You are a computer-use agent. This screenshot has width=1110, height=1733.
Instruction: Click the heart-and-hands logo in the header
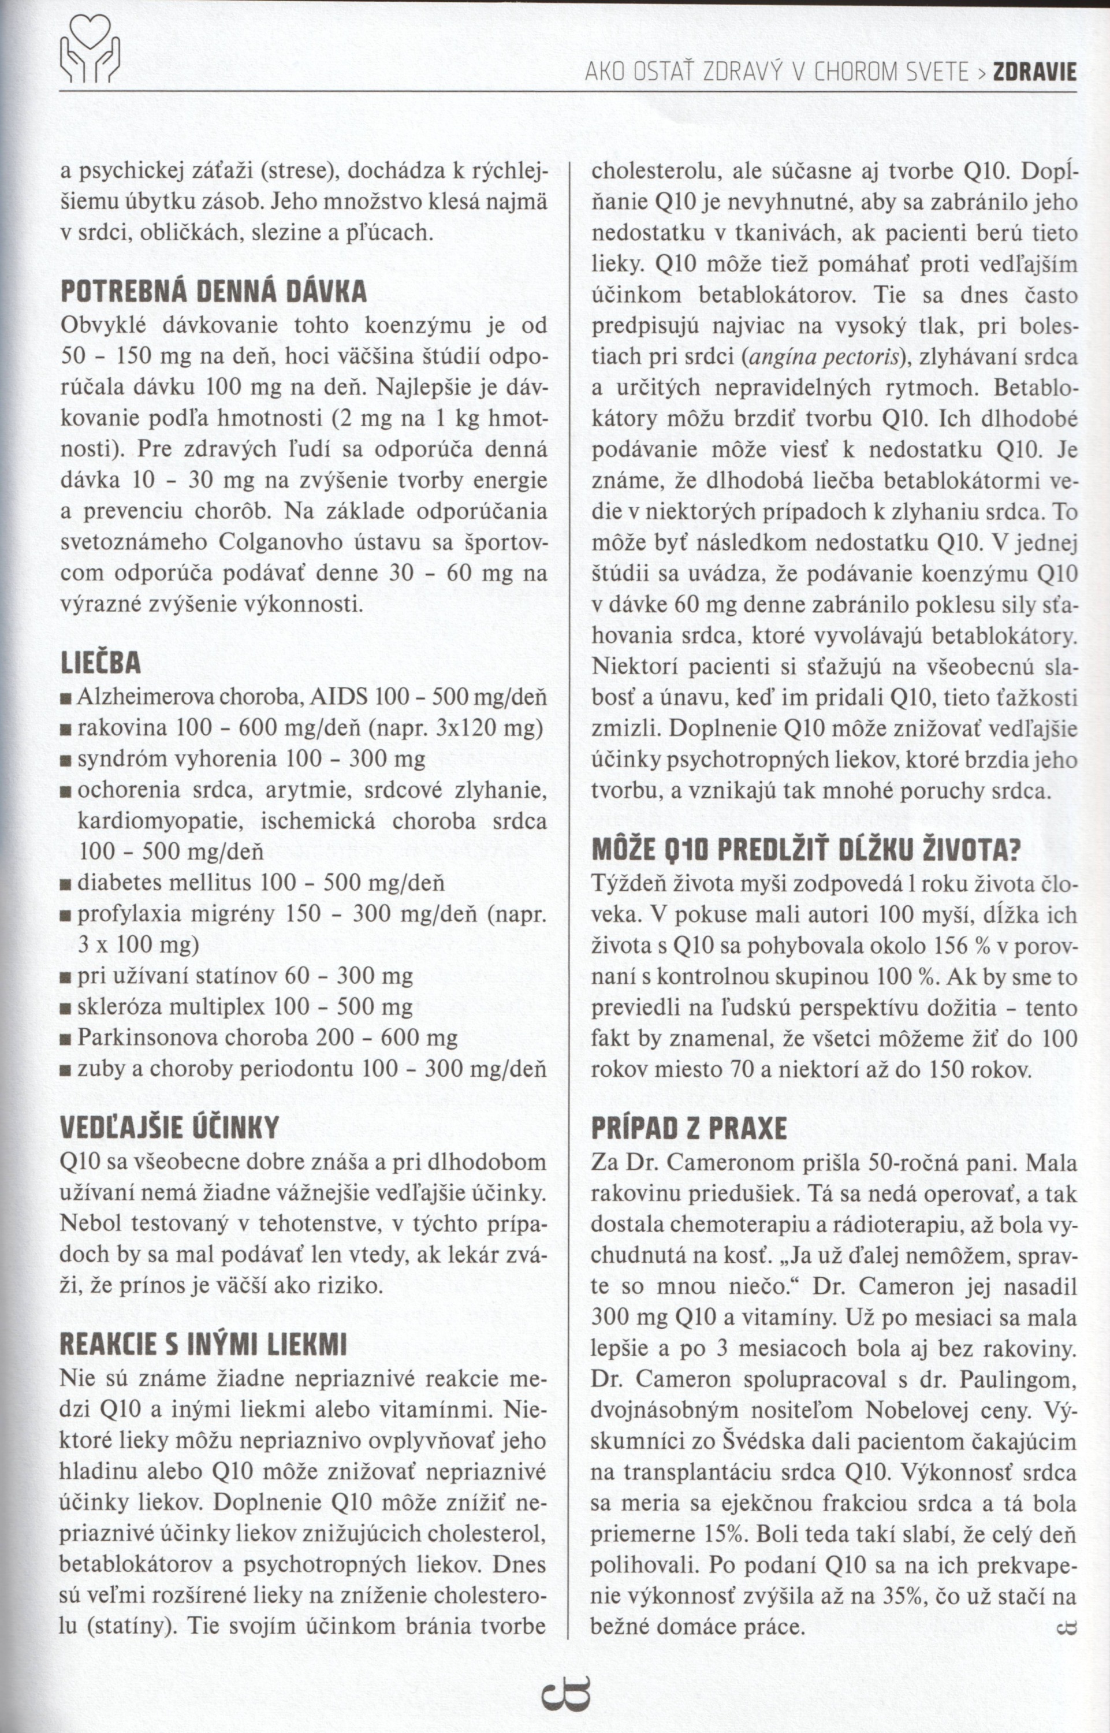[90, 50]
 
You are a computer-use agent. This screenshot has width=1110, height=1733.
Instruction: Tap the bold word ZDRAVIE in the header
[1034, 73]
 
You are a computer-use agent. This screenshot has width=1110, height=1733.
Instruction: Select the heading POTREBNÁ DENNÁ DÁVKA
[213, 291]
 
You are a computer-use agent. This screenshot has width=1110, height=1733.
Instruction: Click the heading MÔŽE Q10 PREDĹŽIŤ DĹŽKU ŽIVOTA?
[806, 851]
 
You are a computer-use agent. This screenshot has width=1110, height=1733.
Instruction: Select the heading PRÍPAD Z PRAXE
[689, 1128]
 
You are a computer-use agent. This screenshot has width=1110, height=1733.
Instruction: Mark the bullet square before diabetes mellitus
[66, 884]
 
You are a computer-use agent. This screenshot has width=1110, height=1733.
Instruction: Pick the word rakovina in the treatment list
[122, 729]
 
